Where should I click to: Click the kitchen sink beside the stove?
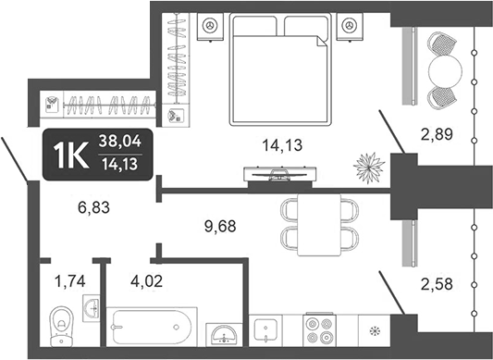pos(265,330)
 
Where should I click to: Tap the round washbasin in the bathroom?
pos(220,333)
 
